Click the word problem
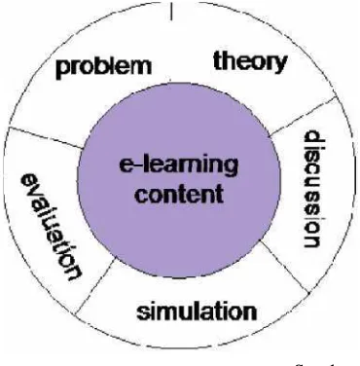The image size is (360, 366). (x=104, y=68)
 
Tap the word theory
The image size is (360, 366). (x=250, y=62)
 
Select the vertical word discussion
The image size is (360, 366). (x=312, y=189)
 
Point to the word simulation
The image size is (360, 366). (x=197, y=311)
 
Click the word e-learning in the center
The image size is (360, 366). (x=178, y=165)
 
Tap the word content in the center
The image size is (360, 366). (x=179, y=194)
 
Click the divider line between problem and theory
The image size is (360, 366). (x=171, y=11)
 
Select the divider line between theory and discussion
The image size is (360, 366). (x=303, y=116)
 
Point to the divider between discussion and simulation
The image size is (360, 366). (x=284, y=266)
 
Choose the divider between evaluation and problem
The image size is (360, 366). (x=45, y=137)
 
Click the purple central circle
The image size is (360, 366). (x=178, y=180)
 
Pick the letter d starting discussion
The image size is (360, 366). (x=313, y=137)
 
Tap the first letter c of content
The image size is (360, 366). (x=142, y=196)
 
